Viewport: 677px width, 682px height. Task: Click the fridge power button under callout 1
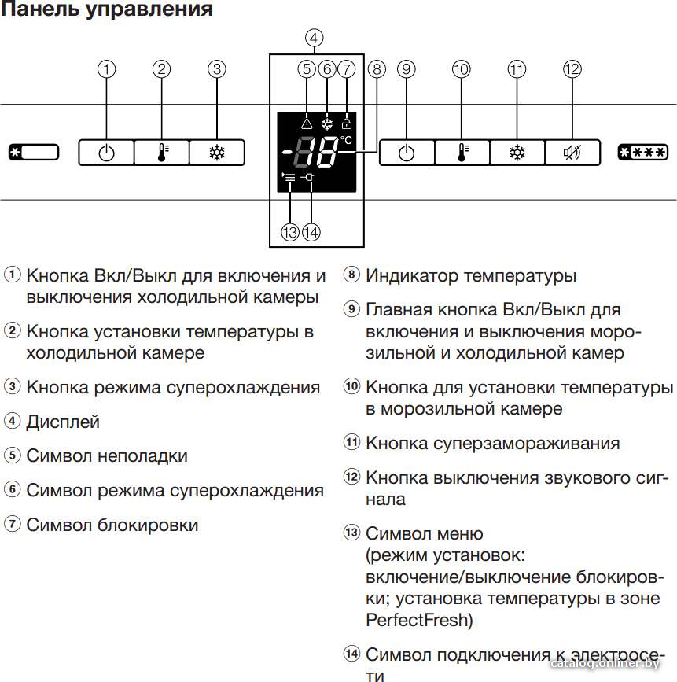pos(106,153)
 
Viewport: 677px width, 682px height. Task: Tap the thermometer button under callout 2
pos(162,153)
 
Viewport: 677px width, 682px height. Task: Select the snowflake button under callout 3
pos(217,153)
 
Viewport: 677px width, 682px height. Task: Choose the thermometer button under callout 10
pos(462,153)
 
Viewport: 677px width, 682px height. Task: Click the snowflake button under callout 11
pos(517,153)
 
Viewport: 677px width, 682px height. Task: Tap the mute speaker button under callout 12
pos(572,153)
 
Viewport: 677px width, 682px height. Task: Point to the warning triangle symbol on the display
pos(307,124)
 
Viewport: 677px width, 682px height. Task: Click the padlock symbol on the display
pos(347,123)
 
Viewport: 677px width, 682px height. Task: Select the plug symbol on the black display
pos(308,177)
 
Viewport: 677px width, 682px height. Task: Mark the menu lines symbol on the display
pos(289,176)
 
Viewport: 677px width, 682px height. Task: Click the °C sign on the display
pos(346,140)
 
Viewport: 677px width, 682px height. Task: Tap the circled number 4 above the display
pos(314,38)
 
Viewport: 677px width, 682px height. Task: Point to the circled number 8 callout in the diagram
pos(377,69)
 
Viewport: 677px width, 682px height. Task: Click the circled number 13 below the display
pos(290,232)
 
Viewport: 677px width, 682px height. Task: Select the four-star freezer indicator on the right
pos(642,153)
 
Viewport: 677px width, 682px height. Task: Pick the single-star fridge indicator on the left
pos(34,153)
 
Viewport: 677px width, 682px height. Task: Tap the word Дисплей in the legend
pos(63,422)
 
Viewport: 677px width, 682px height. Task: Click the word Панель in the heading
pos(42,9)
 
